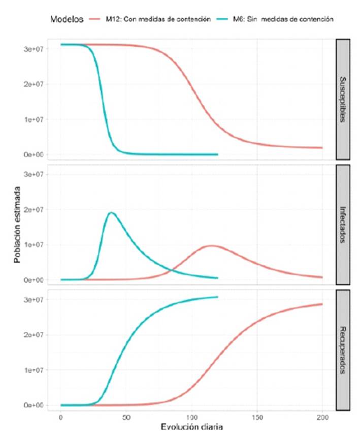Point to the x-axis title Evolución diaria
[192, 425]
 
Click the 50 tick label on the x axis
[126, 416]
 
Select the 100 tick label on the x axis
[192, 416]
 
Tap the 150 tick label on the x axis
[257, 416]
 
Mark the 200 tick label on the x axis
[322, 416]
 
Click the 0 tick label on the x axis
[61, 416]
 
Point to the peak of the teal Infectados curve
[111, 212]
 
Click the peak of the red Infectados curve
[210, 246]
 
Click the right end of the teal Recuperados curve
[217, 297]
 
